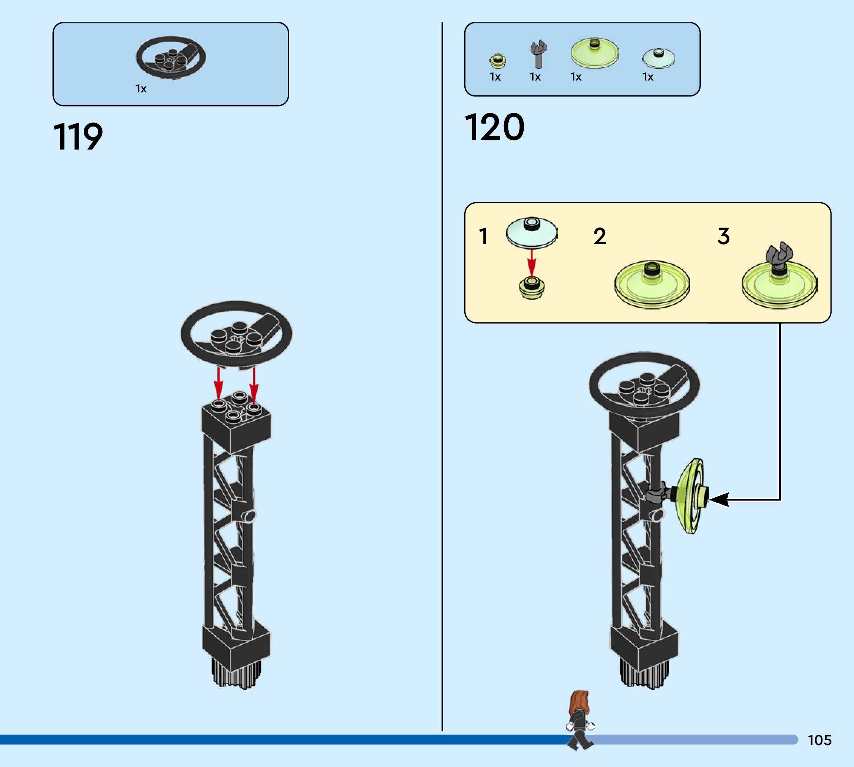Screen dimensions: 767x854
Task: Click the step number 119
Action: pos(78,137)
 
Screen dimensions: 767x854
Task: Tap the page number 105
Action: pos(820,740)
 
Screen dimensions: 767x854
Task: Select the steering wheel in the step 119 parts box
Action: pos(171,57)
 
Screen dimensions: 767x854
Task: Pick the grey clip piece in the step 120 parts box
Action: pos(538,53)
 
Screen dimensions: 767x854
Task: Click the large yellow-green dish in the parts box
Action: pos(594,53)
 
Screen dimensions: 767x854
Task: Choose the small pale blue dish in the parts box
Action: pos(659,58)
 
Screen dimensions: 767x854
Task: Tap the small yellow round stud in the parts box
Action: pos(498,61)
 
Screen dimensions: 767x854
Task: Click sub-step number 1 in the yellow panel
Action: pos(483,236)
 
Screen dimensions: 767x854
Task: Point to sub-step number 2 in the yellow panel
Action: pos(600,236)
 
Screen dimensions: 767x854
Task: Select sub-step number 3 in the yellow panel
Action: pos(723,236)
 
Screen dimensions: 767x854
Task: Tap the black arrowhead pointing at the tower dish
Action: pos(719,500)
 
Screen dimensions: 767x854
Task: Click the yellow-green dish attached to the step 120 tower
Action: pos(690,496)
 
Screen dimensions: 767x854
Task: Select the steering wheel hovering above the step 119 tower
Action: pos(237,333)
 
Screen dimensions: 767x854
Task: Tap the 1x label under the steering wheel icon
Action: pos(141,88)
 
